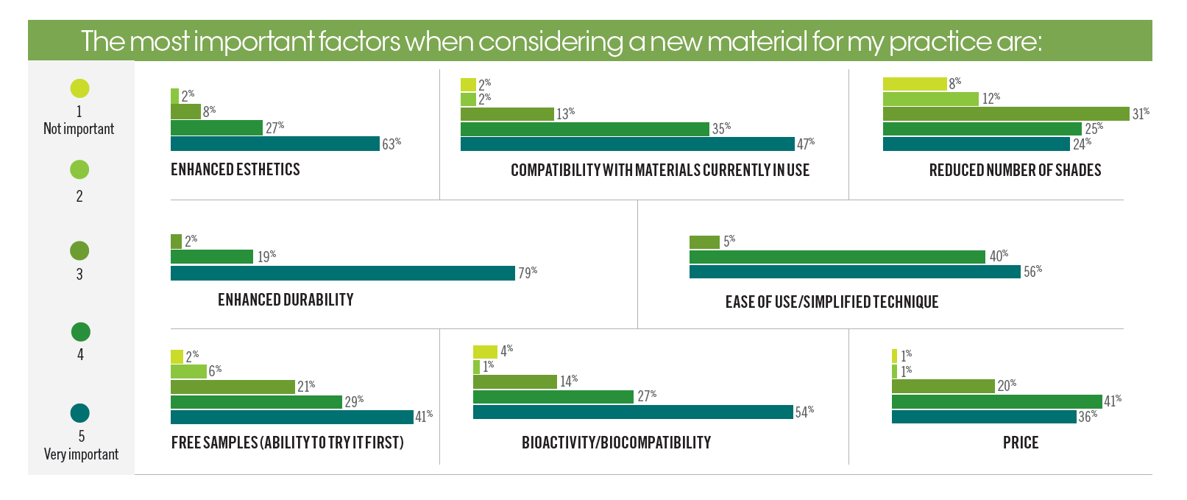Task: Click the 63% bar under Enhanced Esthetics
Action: (274, 144)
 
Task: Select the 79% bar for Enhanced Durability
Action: (342, 273)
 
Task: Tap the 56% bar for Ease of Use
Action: (854, 272)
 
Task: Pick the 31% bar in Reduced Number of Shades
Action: (1005, 113)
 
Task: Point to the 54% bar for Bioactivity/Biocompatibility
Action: (632, 412)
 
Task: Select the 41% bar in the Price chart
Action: (996, 401)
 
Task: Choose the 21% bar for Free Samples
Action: (233, 387)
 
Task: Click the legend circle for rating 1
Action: (79, 88)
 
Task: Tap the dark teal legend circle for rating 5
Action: (80, 413)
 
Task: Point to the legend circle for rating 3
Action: (79, 251)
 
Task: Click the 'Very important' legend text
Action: (81, 454)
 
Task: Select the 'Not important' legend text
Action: (79, 129)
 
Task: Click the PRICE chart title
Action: (1021, 443)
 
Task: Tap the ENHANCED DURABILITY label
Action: (286, 300)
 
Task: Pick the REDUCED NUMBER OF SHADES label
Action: (1015, 170)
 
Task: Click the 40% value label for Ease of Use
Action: (999, 256)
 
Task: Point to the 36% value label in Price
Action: (1088, 417)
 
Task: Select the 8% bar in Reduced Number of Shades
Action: (914, 84)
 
